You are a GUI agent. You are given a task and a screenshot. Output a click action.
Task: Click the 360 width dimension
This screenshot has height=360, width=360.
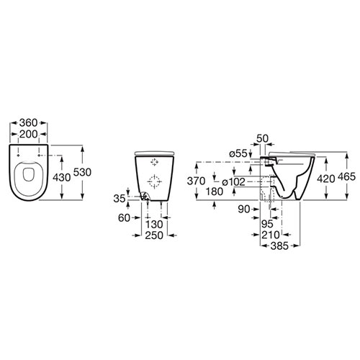[x=28, y=123]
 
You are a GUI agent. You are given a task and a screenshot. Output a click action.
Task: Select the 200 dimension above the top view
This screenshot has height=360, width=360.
[x=28, y=134]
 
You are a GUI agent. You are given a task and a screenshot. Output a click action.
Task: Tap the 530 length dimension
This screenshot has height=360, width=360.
[x=82, y=172]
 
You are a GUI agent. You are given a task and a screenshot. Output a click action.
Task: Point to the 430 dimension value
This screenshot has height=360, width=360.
[x=62, y=178]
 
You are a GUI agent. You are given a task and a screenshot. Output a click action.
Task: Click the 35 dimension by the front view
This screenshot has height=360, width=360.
[x=120, y=199]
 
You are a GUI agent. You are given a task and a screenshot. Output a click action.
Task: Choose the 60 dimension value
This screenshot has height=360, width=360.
[x=124, y=218]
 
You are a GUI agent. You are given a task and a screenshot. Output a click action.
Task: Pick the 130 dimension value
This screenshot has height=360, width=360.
[x=154, y=225]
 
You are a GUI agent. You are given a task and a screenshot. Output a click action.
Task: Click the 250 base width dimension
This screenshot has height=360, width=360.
[x=154, y=235]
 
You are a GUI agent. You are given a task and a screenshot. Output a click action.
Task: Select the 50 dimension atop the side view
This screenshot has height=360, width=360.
[x=262, y=138]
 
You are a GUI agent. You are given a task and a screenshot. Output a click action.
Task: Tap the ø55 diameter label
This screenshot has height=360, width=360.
[x=238, y=153]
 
